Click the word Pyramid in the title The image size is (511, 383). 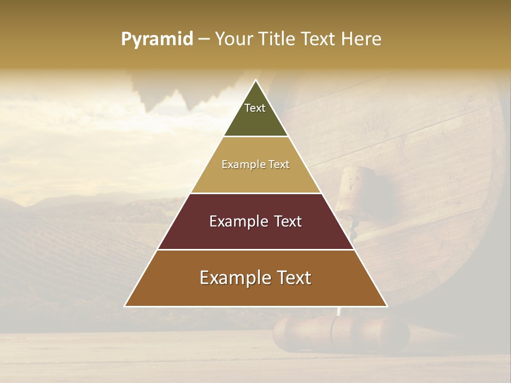tap(156, 39)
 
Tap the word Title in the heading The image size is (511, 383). tap(278, 39)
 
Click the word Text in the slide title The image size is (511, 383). tap(319, 39)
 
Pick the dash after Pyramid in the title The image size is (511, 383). tap(203, 39)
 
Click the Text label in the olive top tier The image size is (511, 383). tap(255, 108)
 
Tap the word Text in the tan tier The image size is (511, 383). tap(279, 165)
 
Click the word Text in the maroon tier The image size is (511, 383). tap(289, 221)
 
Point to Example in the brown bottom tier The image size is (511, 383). tap(233, 278)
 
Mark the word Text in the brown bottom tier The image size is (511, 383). tap(294, 278)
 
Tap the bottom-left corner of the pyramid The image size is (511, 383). tap(125, 306)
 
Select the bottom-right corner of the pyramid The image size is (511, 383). tap(387, 306)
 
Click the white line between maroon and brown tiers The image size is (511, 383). tap(256, 249)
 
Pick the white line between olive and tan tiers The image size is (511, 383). tap(256, 136)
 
